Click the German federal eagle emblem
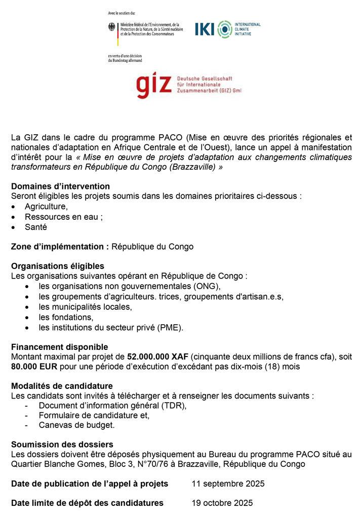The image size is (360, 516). [111, 28]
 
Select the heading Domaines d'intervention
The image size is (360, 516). [60, 186]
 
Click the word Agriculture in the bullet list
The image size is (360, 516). [46, 207]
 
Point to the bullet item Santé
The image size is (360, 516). [36, 227]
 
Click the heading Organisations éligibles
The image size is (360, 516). [57, 266]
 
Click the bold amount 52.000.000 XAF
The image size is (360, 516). [157, 356]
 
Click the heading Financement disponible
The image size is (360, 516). [59, 347]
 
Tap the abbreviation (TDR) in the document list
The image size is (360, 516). [174, 406]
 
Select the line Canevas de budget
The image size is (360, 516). [76, 425]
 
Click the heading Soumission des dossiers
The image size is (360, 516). [62, 445]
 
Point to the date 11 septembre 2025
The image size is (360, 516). [228, 484]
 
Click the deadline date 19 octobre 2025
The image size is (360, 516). [222, 503]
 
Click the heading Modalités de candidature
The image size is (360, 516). [62, 386]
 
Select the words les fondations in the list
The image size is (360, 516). [66, 317]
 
